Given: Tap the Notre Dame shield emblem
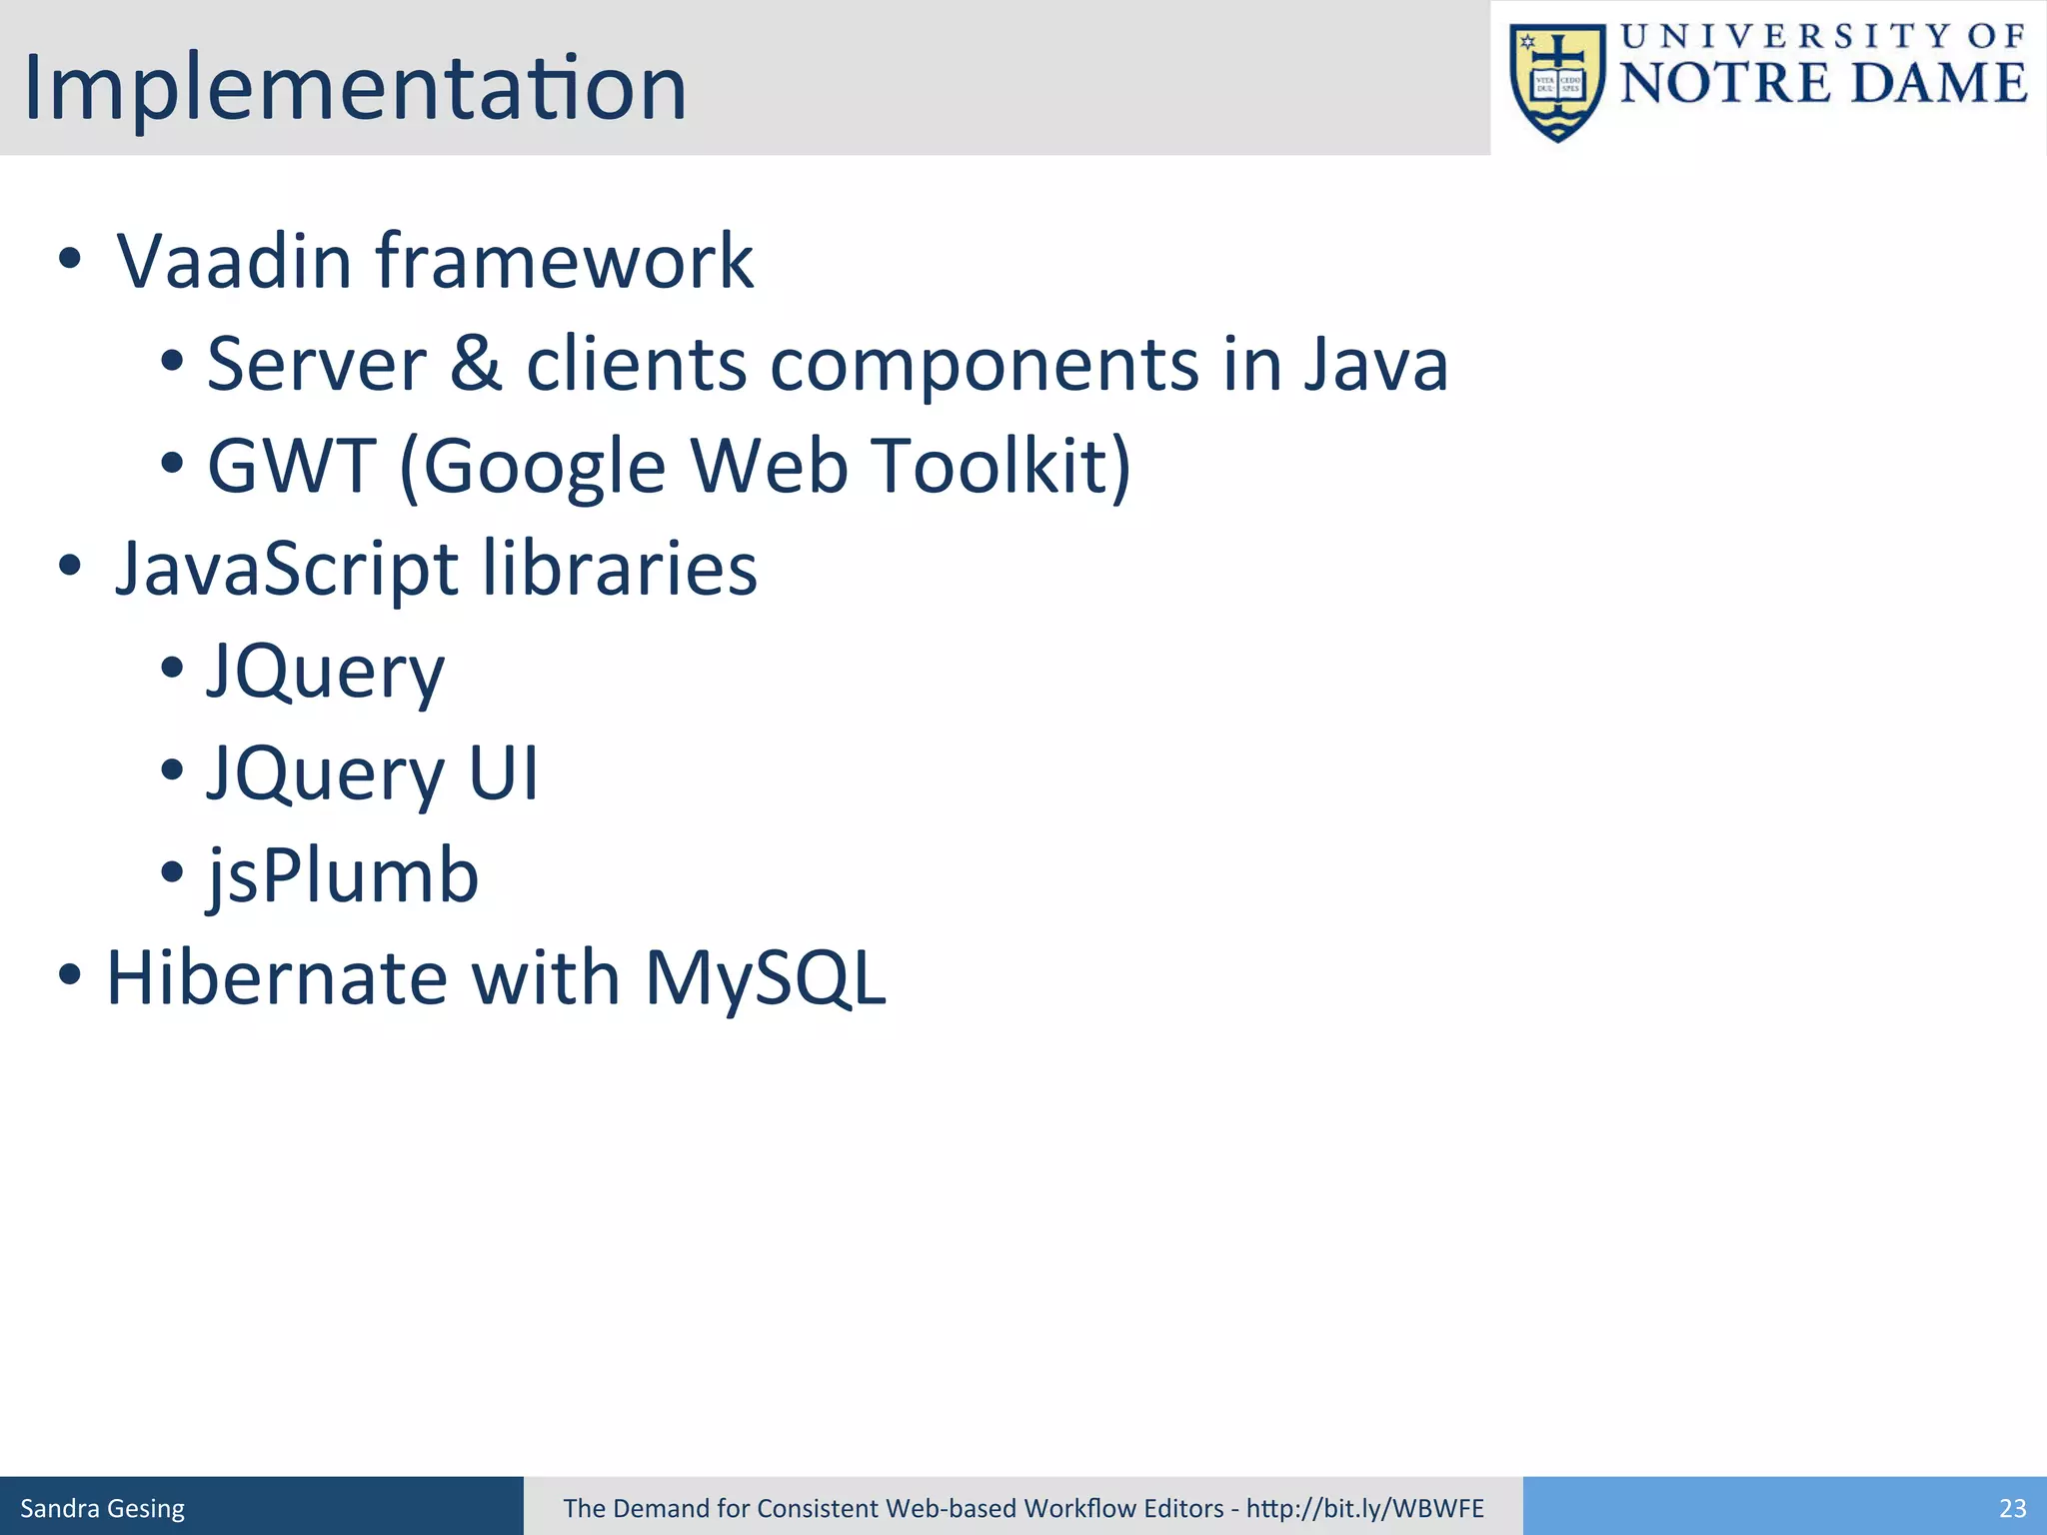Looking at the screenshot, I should tap(1557, 82).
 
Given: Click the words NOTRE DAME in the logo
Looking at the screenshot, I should tap(1823, 82).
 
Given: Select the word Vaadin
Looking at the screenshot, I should tap(233, 262).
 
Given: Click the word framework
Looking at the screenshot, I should tap(565, 262).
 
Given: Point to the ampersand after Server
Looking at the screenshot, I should tap(476, 364).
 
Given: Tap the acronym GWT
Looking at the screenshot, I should tap(291, 466).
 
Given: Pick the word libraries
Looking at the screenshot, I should tap(620, 568).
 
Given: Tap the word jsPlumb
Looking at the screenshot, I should tap(343, 876).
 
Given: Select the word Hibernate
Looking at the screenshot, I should tap(277, 977).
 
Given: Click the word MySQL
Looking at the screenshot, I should tap(765, 979).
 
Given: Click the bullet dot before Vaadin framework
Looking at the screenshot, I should tap(69, 259).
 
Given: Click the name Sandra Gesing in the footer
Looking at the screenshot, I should tap(102, 1508).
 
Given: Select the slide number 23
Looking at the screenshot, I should tap(2012, 1508).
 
